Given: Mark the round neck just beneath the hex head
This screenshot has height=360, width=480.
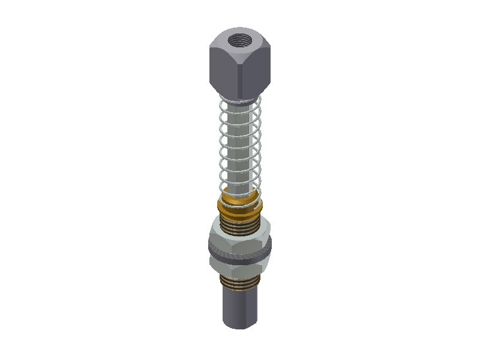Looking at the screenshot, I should click(240, 98).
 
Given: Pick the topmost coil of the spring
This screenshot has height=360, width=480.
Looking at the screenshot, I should click(240, 103).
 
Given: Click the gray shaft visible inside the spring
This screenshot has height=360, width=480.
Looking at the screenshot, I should click(240, 144).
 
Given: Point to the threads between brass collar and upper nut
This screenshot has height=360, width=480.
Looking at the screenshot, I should click(240, 223).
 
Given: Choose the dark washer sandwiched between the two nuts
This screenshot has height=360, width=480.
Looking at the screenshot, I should click(240, 256).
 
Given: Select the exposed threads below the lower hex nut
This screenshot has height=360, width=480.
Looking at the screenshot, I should click(240, 282).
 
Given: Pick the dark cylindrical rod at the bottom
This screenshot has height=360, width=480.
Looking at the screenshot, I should click(240, 306).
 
